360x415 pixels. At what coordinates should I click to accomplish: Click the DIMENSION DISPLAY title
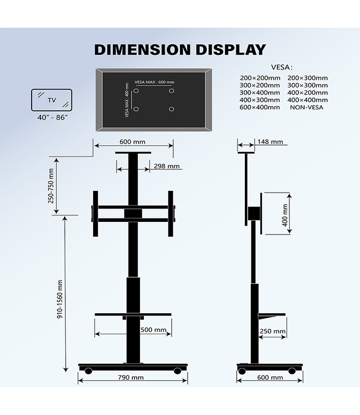point(180,49)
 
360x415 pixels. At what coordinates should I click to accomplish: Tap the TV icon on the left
point(51,101)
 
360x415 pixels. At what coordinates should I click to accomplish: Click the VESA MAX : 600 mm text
point(154,82)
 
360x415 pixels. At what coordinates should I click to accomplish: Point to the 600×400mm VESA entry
point(260,107)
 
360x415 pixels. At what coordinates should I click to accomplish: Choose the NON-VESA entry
point(306,107)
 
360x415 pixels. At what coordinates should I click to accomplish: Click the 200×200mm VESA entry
point(260,78)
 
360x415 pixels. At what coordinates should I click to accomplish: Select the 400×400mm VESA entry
point(307,100)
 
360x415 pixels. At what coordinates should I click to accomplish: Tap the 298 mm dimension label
point(166,166)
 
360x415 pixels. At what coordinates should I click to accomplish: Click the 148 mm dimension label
point(270,142)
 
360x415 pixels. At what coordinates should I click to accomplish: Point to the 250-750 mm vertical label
point(51,185)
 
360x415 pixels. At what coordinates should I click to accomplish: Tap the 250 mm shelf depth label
point(272,332)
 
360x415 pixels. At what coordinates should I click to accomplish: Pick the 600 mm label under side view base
point(270,377)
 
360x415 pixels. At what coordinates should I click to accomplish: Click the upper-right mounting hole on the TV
point(172,90)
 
